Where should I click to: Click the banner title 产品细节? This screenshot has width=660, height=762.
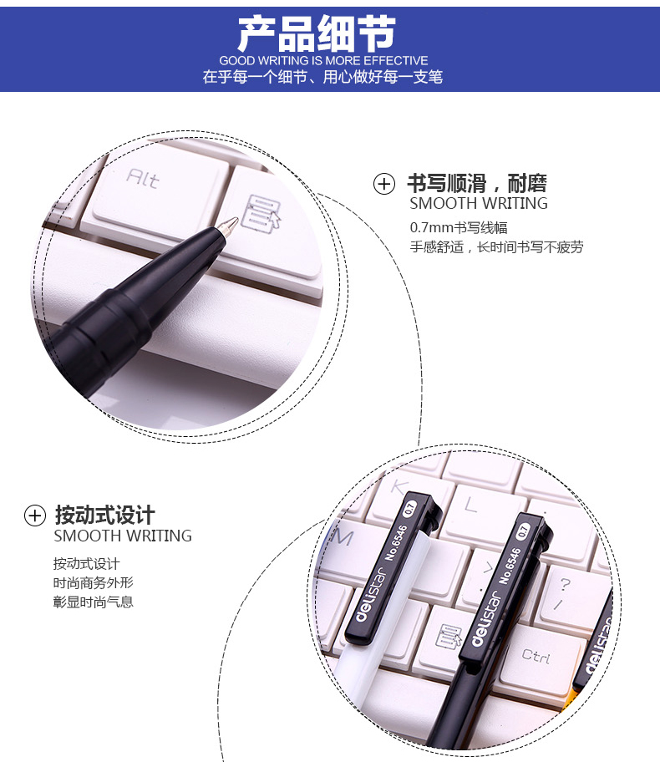[317, 33]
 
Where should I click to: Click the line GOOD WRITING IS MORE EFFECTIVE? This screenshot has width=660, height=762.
[323, 61]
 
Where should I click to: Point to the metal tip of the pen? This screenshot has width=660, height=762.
[227, 226]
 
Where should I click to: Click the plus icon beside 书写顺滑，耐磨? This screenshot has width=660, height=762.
[384, 184]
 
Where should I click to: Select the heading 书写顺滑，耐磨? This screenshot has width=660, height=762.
[477, 183]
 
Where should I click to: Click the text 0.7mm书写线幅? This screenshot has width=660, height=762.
[459, 227]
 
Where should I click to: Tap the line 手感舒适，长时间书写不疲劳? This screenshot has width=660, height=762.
[496, 246]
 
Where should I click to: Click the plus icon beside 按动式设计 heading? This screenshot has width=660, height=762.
[35, 516]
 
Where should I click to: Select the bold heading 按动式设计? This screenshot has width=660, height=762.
[105, 516]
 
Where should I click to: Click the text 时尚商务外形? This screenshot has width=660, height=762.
[93, 582]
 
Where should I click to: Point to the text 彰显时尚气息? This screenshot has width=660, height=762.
[93, 602]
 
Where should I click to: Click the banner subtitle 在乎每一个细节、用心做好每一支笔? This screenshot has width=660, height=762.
[322, 77]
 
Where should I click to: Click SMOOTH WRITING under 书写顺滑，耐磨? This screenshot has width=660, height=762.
[479, 203]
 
